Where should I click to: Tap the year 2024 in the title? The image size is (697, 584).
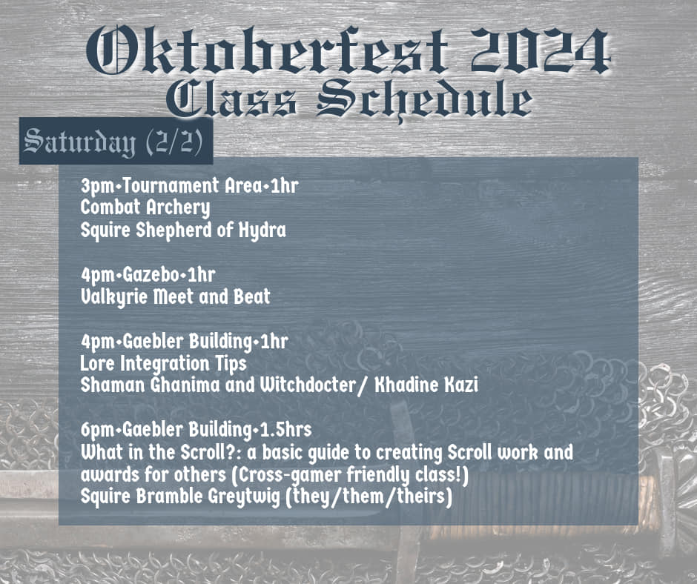(540, 50)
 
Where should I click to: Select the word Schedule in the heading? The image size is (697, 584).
(425, 100)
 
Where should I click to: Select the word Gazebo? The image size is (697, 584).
(151, 275)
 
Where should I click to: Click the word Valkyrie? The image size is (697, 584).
(113, 297)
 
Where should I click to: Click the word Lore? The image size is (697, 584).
(97, 364)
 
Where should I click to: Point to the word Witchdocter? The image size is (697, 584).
(308, 385)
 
